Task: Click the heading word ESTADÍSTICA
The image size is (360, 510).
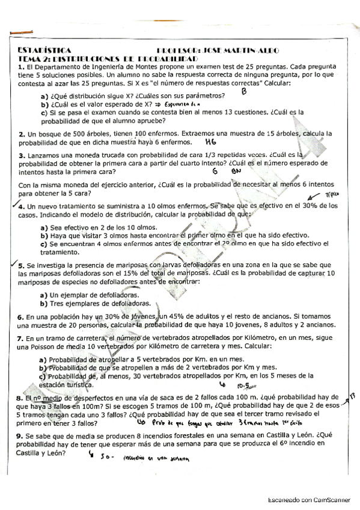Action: (x=45, y=51)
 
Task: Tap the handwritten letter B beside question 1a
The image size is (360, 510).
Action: (x=244, y=92)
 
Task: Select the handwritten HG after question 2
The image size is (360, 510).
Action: (x=210, y=143)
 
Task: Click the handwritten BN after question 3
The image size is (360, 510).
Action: (x=236, y=171)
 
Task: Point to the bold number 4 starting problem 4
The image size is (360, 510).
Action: (x=21, y=206)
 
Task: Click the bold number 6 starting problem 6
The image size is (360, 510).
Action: (x=21, y=317)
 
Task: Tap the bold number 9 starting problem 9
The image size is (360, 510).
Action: (x=21, y=435)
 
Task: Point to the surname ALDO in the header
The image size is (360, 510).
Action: (x=267, y=51)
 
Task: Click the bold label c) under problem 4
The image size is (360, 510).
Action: (x=43, y=243)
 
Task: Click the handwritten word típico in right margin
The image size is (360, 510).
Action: (x=332, y=195)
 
